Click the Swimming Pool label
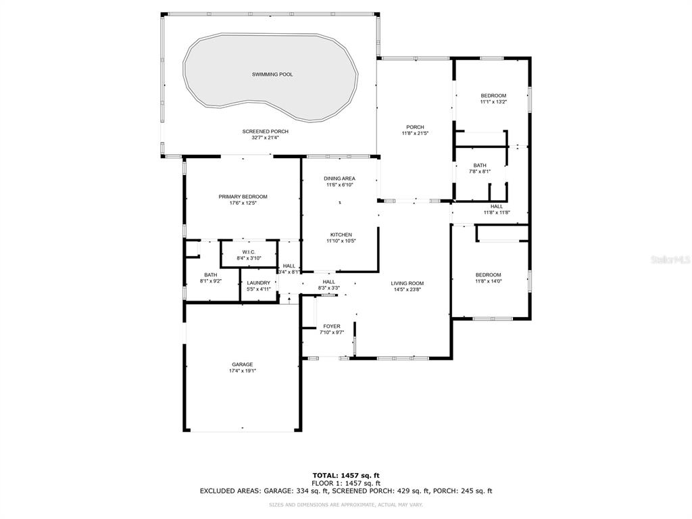272,74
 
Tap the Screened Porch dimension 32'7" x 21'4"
265,138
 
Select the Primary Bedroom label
243,197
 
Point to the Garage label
243,364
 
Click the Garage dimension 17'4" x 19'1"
243,371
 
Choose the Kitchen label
341,234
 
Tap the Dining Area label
339,178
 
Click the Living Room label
407,284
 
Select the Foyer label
331,326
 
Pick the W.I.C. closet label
249,252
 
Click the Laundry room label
258,283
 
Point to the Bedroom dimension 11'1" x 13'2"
493,101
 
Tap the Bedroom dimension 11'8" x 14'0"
488,281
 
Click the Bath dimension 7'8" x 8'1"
480,172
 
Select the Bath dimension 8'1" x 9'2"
211,280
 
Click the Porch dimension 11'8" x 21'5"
415,133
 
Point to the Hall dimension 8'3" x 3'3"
329,288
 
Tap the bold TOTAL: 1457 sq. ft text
346,475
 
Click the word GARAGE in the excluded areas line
278,491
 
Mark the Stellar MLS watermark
670,259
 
